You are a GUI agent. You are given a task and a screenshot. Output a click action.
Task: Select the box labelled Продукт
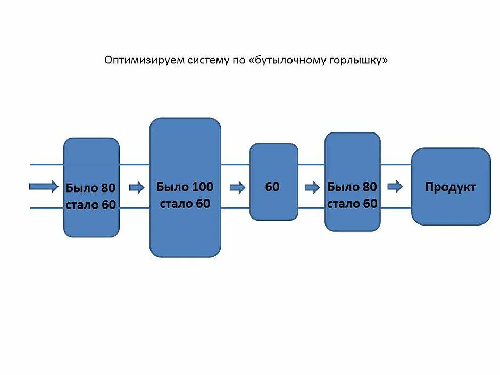pos(451,187)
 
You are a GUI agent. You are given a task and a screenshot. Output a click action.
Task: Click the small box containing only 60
pos(273,182)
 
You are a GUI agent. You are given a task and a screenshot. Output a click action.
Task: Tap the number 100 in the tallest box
pos(202,187)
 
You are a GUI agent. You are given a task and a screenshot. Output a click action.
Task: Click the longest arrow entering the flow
pos(44,186)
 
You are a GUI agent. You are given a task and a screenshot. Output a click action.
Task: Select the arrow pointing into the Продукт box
pos(395,187)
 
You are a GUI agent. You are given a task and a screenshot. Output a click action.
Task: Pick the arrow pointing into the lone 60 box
pos(237,187)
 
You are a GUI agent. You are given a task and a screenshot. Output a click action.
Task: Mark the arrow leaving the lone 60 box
pos(312,187)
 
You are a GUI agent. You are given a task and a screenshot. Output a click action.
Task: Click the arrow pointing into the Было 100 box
pos(137,187)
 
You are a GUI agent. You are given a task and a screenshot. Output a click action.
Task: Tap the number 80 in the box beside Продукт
pos(369,187)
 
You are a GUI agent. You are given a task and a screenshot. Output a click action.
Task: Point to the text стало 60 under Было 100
pos(185,204)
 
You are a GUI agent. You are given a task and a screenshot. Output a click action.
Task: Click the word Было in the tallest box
pos(172,187)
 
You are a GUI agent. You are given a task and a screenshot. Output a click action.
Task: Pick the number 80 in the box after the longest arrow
pos(108,188)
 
